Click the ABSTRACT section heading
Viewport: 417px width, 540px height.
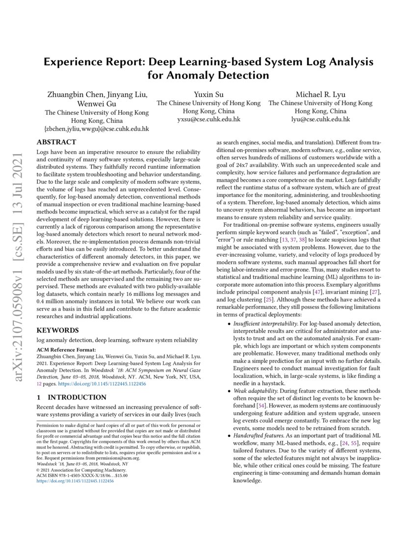pyautogui.click(x=56, y=142)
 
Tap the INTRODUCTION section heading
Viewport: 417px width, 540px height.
pyautogui.click(x=72, y=397)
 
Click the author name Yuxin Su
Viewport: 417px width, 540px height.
pyautogui.click(x=208, y=94)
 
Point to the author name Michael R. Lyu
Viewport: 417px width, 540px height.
pyautogui.click(x=320, y=94)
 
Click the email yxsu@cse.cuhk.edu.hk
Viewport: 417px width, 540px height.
pyautogui.click(x=208, y=119)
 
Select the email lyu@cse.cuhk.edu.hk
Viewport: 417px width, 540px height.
pyautogui.click(x=320, y=119)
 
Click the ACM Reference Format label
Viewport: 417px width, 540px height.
pyautogui.click(x=64, y=350)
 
